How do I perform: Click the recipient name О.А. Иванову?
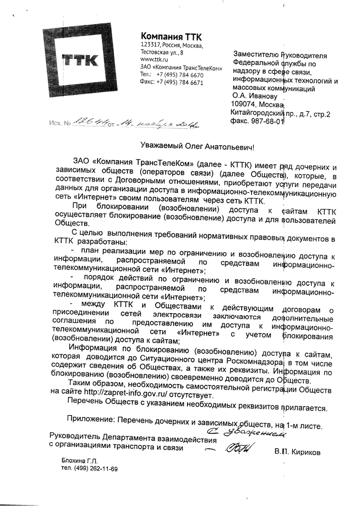click(253, 96)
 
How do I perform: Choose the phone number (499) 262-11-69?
click(96, 469)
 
